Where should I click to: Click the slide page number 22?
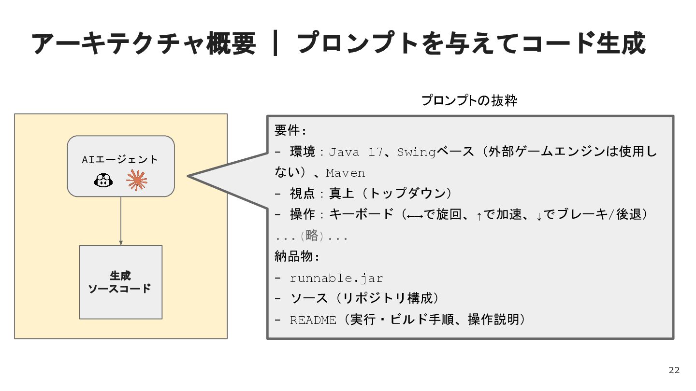tap(674, 370)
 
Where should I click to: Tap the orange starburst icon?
tap(137, 181)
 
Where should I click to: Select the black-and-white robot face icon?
tap(103, 181)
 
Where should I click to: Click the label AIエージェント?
tap(120, 159)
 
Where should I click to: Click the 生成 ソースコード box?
tap(121, 282)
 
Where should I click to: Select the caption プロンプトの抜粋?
tap(469, 101)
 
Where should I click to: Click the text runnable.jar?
tap(336, 279)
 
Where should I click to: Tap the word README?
tap(313, 320)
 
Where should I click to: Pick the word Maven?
tap(346, 173)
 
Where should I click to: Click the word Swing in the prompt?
tap(416, 153)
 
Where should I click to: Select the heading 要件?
tap(290, 131)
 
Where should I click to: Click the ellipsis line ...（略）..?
tap(311, 237)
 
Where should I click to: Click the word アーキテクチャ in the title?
tap(111, 44)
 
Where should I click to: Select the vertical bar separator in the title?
tap(275, 44)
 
